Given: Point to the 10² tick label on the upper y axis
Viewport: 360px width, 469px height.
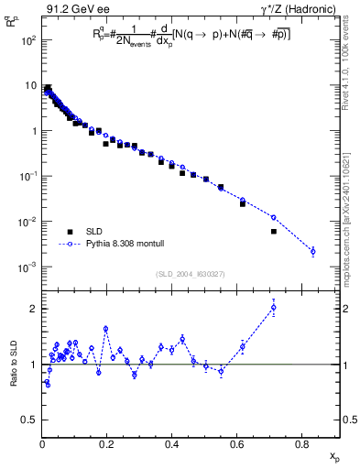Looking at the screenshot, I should point(27,41).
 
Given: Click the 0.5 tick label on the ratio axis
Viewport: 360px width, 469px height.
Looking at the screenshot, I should point(30,420).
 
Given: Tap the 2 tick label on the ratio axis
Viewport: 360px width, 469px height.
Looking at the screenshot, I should point(34,309).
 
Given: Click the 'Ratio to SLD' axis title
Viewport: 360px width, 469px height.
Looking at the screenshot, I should point(12,365).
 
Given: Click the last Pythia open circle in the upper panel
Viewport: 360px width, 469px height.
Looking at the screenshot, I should point(312,251).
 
